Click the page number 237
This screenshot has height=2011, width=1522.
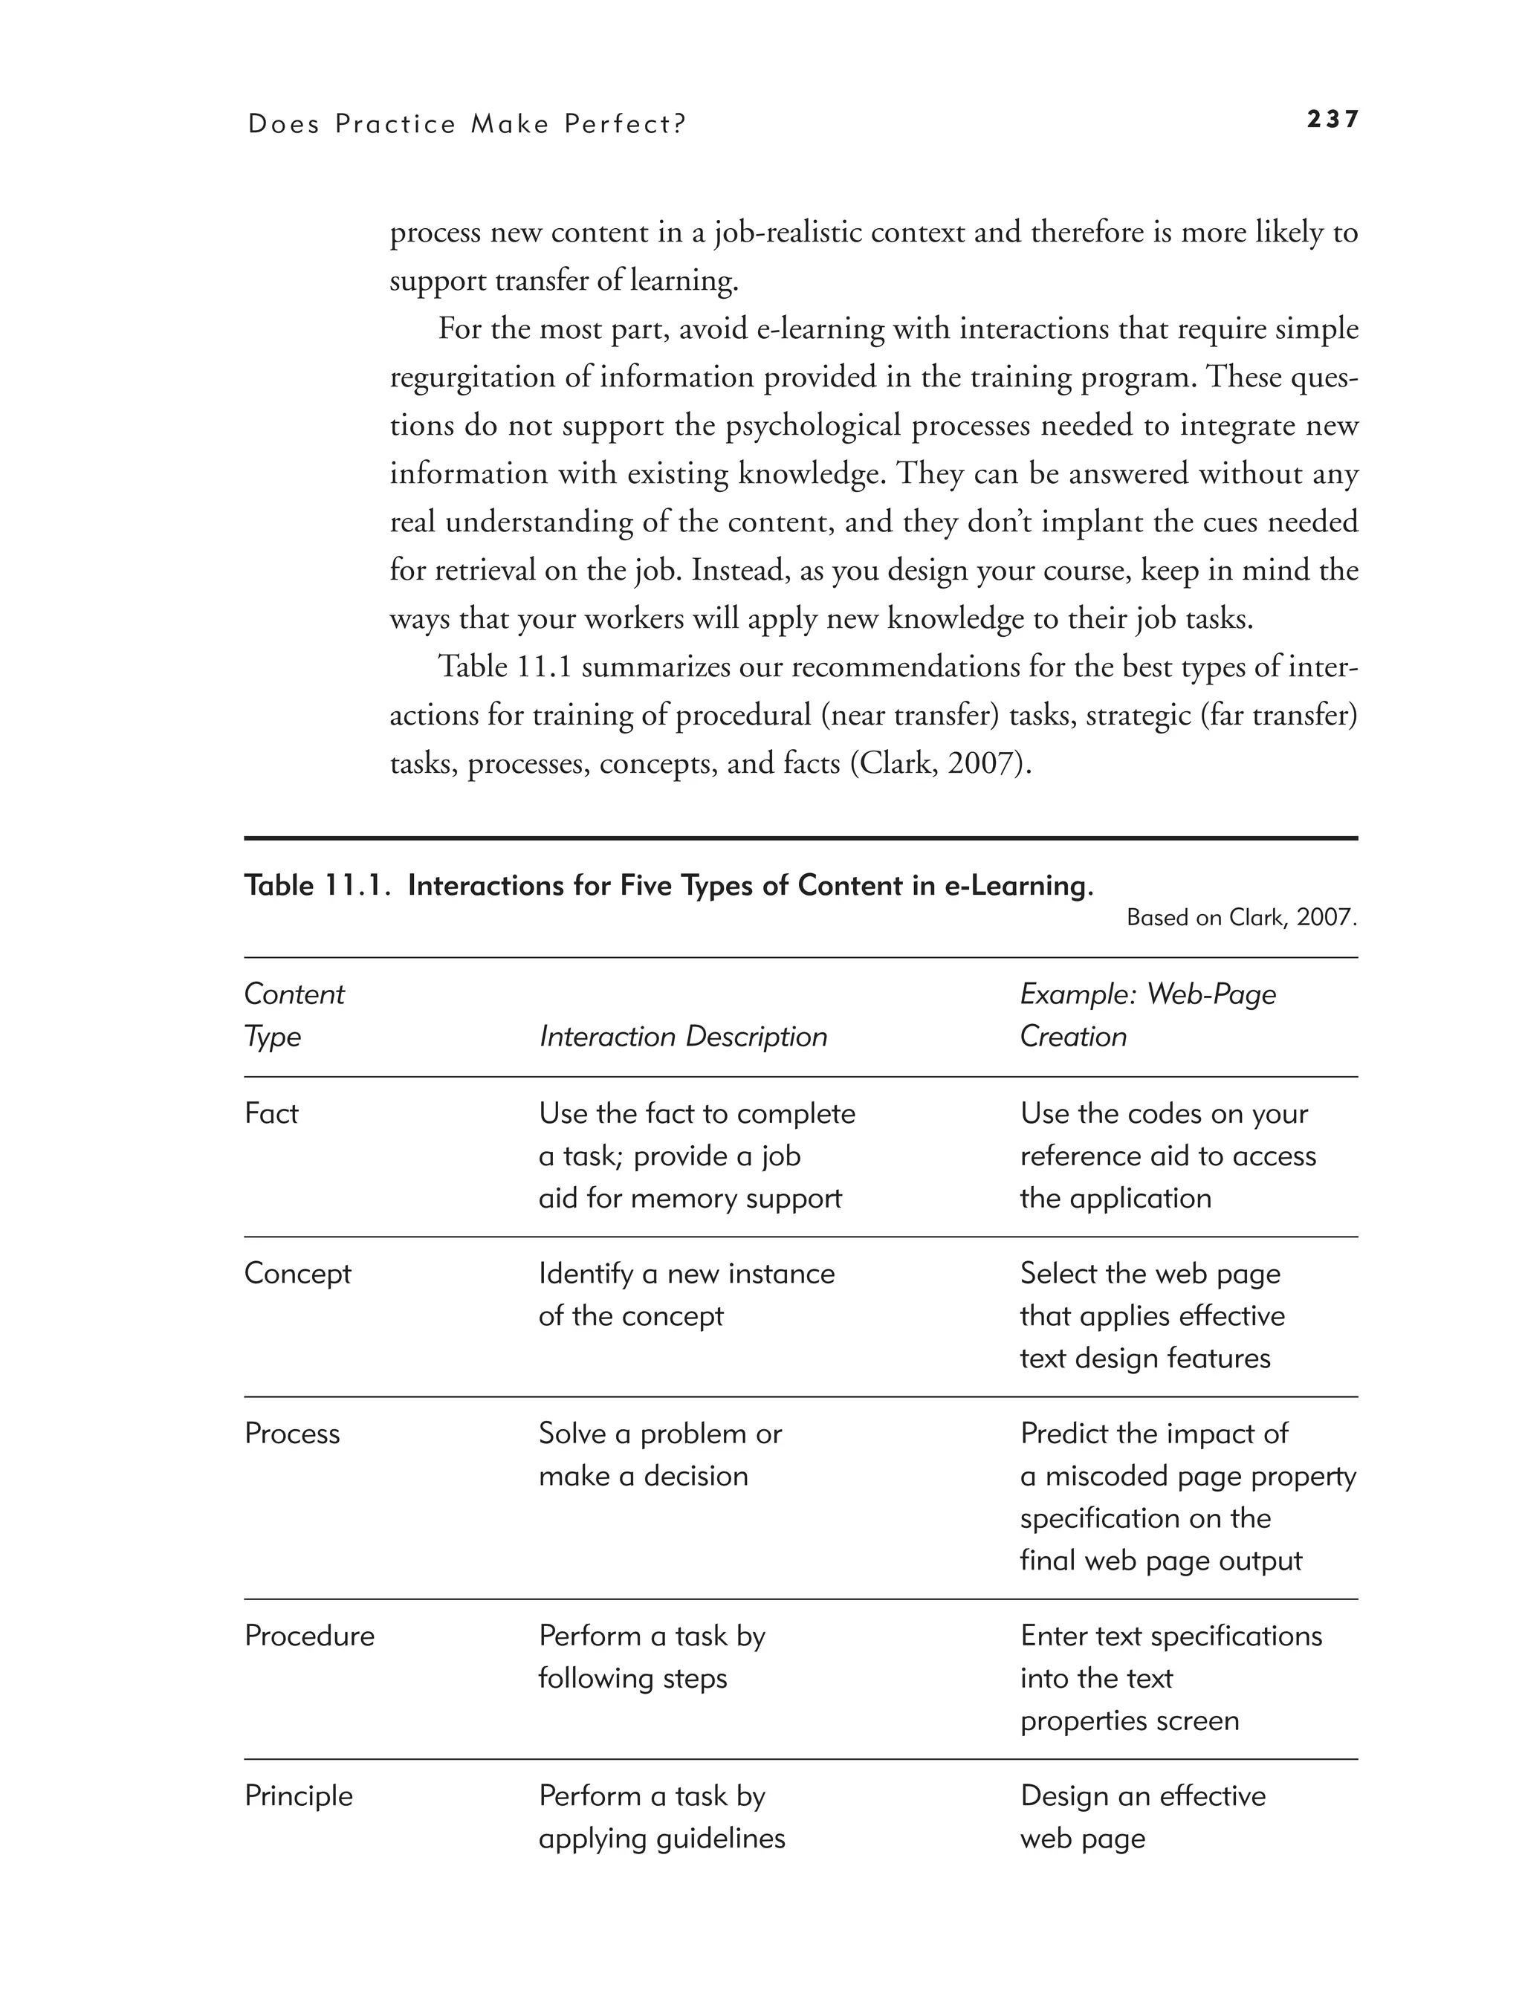point(1332,119)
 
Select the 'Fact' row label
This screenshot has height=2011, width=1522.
point(271,1114)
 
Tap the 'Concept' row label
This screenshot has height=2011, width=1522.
point(297,1274)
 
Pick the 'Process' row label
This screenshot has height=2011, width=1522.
point(292,1434)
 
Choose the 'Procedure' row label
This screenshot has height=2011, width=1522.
point(309,1636)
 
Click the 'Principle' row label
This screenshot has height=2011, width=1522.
point(298,1796)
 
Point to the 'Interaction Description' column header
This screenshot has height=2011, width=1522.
point(683,1037)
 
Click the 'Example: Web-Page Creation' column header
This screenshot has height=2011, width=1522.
point(1147,1015)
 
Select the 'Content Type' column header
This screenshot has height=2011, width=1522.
point(294,1015)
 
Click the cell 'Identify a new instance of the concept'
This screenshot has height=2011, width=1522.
point(687,1295)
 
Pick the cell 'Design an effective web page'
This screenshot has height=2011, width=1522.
point(1142,1817)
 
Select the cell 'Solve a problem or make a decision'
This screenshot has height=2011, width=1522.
point(659,1454)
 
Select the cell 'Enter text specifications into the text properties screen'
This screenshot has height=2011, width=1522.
point(1170,1678)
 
